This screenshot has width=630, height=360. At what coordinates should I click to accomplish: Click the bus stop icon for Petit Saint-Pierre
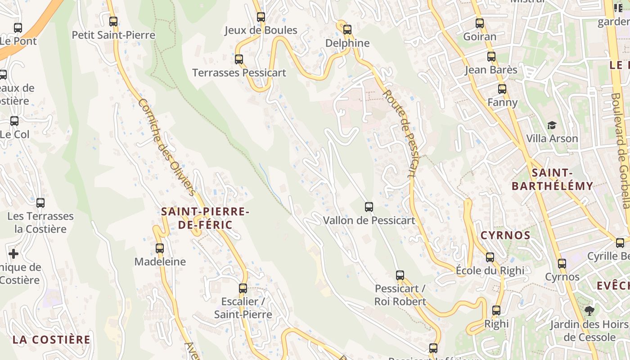(x=113, y=22)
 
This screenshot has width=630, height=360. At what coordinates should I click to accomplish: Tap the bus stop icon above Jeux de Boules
(x=261, y=17)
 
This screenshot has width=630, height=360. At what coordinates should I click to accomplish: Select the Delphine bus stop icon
(x=347, y=30)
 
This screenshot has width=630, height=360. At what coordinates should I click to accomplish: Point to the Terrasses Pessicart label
(x=239, y=72)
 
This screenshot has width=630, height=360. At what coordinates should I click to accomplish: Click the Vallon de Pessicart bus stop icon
(x=369, y=207)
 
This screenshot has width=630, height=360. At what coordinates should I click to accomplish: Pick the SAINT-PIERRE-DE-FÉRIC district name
(x=205, y=218)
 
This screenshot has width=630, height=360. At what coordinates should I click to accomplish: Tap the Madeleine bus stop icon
(x=160, y=248)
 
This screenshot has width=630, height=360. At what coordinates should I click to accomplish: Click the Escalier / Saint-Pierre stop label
(x=243, y=308)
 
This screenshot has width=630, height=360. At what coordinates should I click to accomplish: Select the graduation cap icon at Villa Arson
(x=552, y=125)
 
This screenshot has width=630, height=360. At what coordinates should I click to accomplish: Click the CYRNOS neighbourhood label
(x=505, y=235)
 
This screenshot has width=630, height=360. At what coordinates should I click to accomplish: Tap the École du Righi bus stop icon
(x=490, y=257)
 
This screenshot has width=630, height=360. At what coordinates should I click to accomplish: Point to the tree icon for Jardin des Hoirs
(x=589, y=310)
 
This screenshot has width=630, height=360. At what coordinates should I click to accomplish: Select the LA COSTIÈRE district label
(x=51, y=339)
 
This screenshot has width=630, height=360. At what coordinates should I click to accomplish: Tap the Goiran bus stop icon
(x=480, y=23)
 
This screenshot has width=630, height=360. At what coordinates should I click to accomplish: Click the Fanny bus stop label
(x=503, y=102)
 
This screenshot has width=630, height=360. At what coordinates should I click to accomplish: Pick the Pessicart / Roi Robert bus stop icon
(x=400, y=275)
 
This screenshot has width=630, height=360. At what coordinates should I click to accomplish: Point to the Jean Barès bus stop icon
(x=491, y=57)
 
